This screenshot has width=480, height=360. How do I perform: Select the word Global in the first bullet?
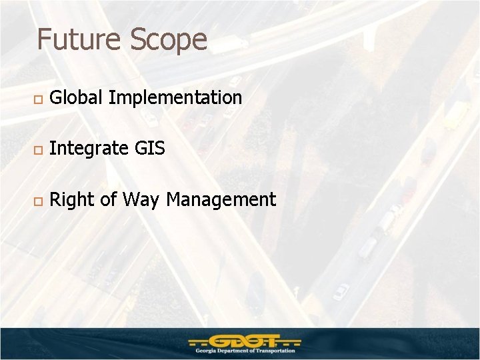pos(76,98)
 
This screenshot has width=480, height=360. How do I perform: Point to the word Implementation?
pos(175,99)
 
